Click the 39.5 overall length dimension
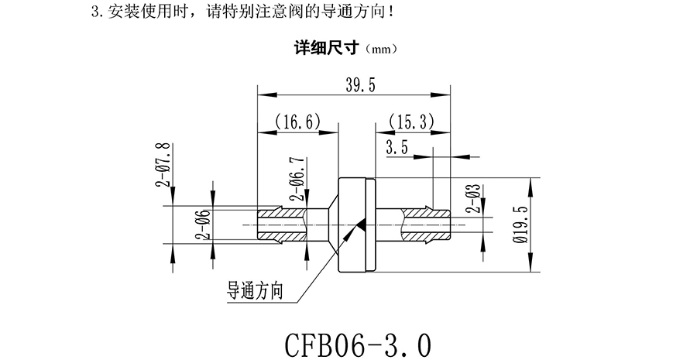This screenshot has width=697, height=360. click(358, 86)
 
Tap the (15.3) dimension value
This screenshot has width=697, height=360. click(410, 121)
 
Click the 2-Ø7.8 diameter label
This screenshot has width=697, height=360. click(163, 165)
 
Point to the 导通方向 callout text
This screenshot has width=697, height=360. click(254, 290)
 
